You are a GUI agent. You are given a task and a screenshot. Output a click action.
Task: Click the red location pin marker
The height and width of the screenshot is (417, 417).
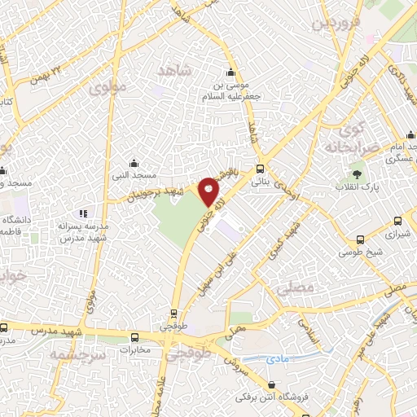click(209, 191)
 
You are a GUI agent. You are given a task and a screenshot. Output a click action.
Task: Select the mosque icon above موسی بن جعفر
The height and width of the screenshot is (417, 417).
click(232, 71)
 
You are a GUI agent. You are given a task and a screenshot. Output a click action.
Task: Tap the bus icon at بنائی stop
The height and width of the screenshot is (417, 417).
click(260, 169)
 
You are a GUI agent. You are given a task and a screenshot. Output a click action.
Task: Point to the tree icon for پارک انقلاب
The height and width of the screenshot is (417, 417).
click(356, 173)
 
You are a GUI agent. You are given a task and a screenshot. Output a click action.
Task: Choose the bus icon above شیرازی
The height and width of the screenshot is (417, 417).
click(397, 220)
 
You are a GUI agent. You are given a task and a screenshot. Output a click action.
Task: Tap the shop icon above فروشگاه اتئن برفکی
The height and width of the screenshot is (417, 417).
click(270, 384)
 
